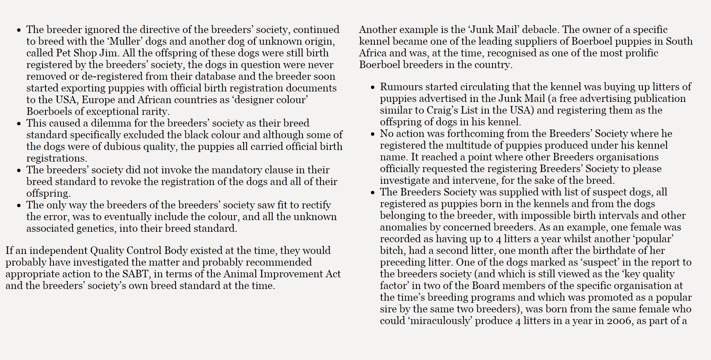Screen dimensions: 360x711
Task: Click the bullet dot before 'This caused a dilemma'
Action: point(19,124)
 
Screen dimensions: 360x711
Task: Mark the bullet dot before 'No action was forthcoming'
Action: point(373,134)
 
